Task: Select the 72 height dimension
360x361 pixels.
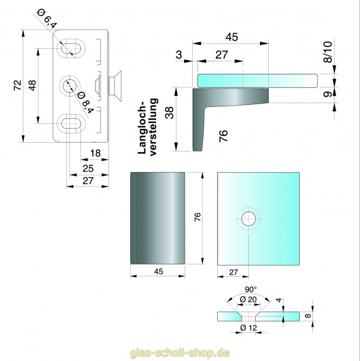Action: tap(17, 85)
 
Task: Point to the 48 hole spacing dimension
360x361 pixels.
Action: tap(32, 85)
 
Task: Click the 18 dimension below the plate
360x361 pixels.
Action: tap(94, 154)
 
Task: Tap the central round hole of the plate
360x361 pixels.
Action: tap(70, 86)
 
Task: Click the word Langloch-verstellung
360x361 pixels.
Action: tap(148, 126)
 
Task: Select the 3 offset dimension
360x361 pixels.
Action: tap(179, 55)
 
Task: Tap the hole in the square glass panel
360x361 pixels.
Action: tap(249, 219)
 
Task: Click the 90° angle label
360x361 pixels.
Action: tap(250, 289)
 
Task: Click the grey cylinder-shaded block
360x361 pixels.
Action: tap(157, 217)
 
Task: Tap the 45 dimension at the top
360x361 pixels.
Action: tap(232, 37)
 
